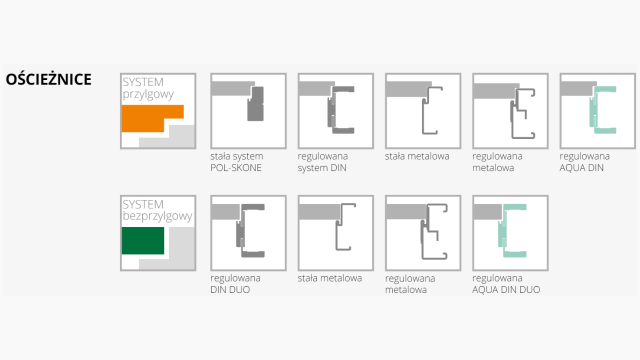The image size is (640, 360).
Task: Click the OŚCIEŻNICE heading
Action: (x=48, y=79)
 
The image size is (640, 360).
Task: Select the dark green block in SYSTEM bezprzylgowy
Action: (x=143, y=240)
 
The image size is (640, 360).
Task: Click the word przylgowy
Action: (x=148, y=94)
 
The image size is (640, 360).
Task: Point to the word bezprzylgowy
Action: (x=157, y=216)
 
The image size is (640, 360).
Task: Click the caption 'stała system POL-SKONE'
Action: (x=236, y=161)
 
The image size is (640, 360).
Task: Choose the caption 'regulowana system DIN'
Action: (x=322, y=161)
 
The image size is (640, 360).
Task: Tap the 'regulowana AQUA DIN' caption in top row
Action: (x=584, y=161)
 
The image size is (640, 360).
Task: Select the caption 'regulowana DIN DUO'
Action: (x=235, y=283)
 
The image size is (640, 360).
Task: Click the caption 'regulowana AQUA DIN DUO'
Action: (x=506, y=283)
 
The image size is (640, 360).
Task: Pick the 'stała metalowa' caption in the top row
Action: (x=417, y=156)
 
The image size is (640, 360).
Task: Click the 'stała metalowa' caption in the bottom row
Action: (x=329, y=278)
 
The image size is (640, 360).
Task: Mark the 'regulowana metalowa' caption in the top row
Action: (x=497, y=161)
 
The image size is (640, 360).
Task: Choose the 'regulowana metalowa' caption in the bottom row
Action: (x=410, y=283)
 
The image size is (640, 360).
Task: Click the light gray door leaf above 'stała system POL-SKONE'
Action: (x=232, y=89)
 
